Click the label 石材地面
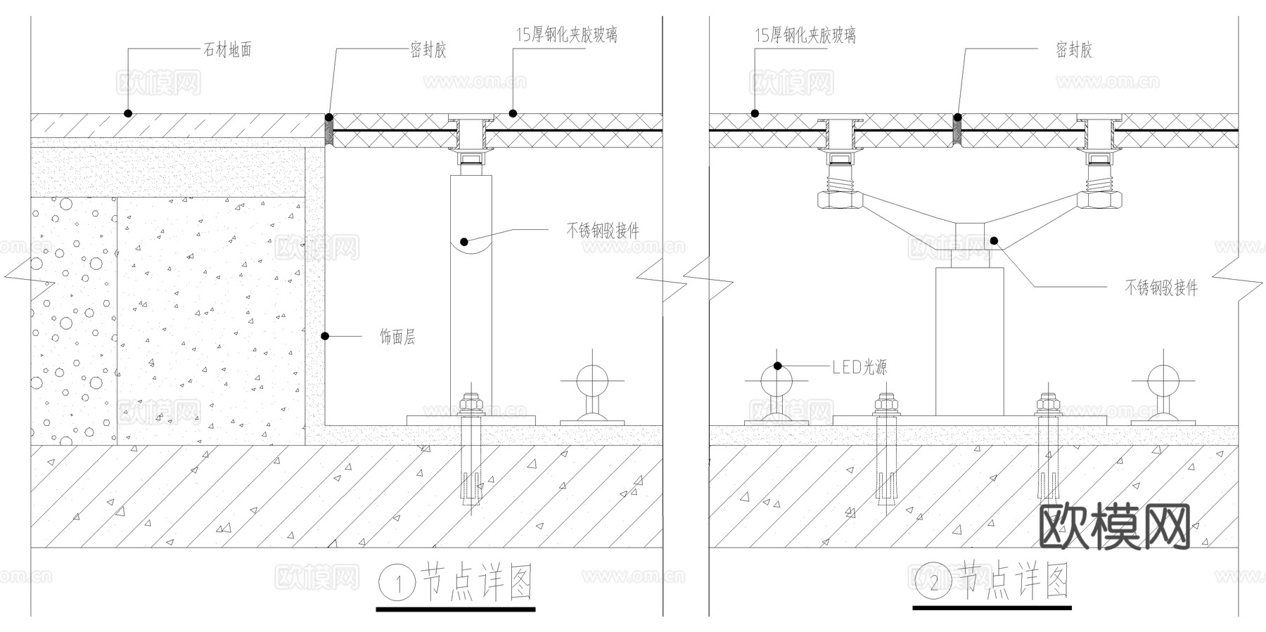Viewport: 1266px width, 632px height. [227, 50]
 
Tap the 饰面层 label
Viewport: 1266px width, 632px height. [397, 337]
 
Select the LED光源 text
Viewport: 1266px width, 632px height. [859, 367]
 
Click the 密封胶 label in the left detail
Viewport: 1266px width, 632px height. [428, 50]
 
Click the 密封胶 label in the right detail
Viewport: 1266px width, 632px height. [1073, 50]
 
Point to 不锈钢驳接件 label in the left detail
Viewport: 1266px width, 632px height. [603, 230]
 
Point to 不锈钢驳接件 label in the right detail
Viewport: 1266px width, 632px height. [1160, 288]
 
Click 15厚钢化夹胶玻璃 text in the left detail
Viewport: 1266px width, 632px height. [567, 34]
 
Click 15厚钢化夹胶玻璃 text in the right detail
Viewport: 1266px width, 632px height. [805, 35]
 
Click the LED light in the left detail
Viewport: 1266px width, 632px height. [592, 383]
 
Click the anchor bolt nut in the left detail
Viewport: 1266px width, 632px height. [471, 405]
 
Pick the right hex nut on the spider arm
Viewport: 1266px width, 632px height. [1100, 201]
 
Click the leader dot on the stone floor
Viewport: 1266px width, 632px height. [127, 113]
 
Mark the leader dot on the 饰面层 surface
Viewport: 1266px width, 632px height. [325, 336]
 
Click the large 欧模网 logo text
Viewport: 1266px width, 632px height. [1114, 527]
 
